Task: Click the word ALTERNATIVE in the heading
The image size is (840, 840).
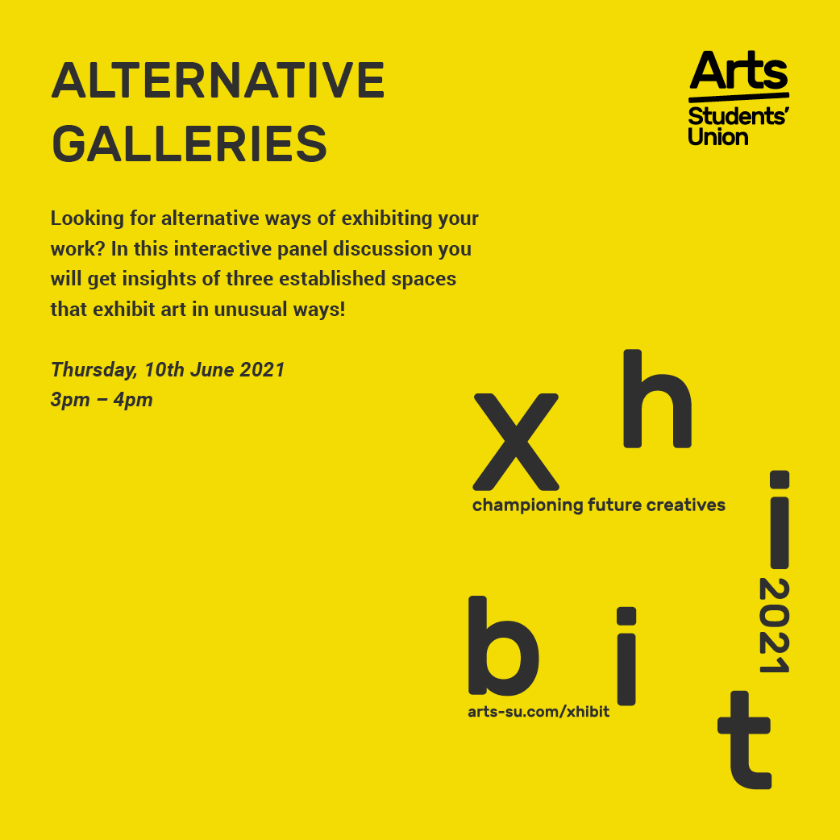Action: click(x=218, y=81)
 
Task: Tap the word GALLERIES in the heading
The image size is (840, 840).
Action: click(x=189, y=143)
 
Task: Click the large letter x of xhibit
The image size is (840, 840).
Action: click(x=516, y=442)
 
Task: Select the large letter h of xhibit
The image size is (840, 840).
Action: click(x=657, y=398)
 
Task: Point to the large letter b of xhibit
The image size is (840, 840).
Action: click(x=504, y=646)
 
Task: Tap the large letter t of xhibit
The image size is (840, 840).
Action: click(x=745, y=740)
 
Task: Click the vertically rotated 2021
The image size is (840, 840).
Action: click(x=774, y=626)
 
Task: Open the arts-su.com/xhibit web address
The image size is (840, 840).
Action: click(x=539, y=712)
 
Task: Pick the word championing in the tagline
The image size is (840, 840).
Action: click(x=528, y=505)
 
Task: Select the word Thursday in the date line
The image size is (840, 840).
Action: click(x=94, y=370)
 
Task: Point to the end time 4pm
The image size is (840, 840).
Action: click(x=133, y=400)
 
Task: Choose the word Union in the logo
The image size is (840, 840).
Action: click(x=717, y=137)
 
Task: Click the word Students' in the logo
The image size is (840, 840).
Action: click(x=738, y=116)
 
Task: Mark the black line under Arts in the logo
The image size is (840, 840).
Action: click(x=738, y=97)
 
